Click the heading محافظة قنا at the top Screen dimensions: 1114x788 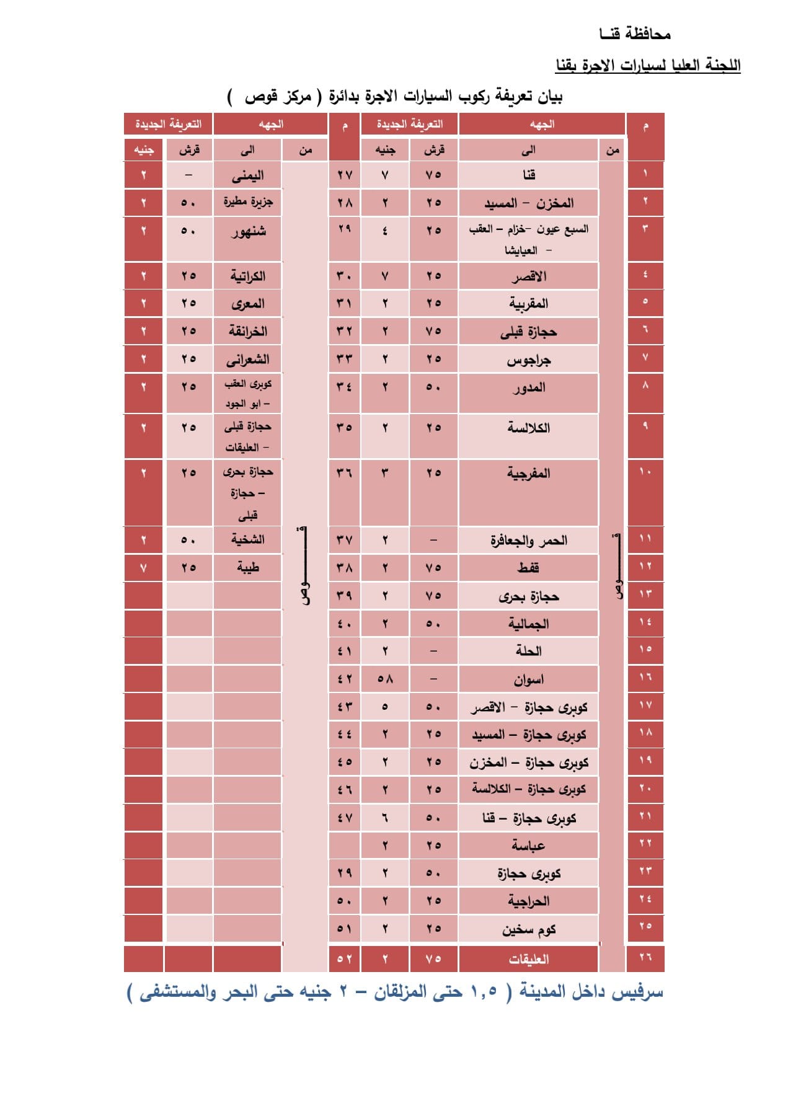(x=635, y=34)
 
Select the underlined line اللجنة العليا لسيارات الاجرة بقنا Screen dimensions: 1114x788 (x=648, y=66)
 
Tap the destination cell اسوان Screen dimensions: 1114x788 (x=528, y=679)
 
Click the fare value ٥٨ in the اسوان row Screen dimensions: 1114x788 (x=385, y=679)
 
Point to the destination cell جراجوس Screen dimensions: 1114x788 (x=528, y=360)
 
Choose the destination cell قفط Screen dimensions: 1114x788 (x=528, y=568)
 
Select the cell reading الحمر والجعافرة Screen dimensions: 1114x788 (x=528, y=541)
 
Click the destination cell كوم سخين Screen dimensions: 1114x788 (x=528, y=929)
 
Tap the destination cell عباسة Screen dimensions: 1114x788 (x=528, y=846)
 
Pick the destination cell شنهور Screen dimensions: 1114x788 (x=248, y=232)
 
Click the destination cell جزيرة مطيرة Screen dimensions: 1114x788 (x=248, y=202)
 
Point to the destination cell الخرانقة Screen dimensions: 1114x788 (x=248, y=332)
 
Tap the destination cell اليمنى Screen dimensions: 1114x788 (x=248, y=175)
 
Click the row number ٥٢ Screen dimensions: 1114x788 (x=345, y=959)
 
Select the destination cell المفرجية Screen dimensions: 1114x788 (x=528, y=474)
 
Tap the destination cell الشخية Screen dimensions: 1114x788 (x=248, y=540)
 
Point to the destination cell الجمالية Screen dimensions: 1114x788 (x=528, y=624)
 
